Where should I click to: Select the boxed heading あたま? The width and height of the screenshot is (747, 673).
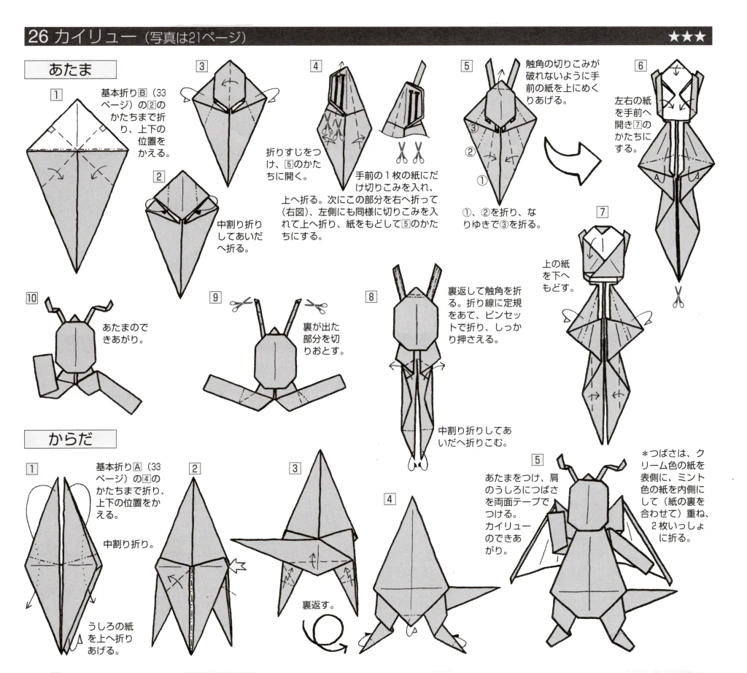(x=70, y=69)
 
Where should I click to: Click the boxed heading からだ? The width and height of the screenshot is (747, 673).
(x=70, y=439)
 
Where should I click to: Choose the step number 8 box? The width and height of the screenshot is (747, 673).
(x=373, y=297)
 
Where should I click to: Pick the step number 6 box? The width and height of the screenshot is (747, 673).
(x=640, y=65)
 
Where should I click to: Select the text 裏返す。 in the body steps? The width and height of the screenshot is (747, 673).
(x=318, y=605)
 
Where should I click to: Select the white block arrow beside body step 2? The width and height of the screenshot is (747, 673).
(x=237, y=564)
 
